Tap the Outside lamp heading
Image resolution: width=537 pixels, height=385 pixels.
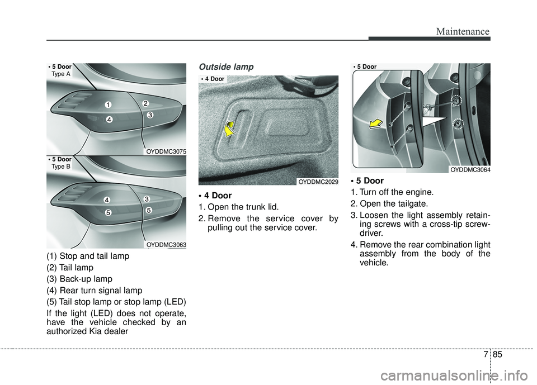coord(225,66)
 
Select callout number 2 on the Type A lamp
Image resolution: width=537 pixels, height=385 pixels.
coord(144,103)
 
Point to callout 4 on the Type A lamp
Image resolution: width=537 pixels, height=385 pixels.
coord(110,119)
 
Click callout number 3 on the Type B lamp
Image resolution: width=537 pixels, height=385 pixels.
coord(146,199)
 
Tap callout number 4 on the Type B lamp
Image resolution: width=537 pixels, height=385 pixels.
coord(106,200)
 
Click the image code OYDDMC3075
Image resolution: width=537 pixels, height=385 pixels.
coord(166,151)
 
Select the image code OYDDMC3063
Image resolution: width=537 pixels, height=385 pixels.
coord(166,244)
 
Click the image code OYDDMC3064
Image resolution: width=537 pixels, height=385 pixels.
coord(470,170)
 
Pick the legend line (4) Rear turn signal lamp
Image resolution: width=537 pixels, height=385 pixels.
coord(95,291)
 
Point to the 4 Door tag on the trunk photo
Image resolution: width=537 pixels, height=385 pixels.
coord(214,79)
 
